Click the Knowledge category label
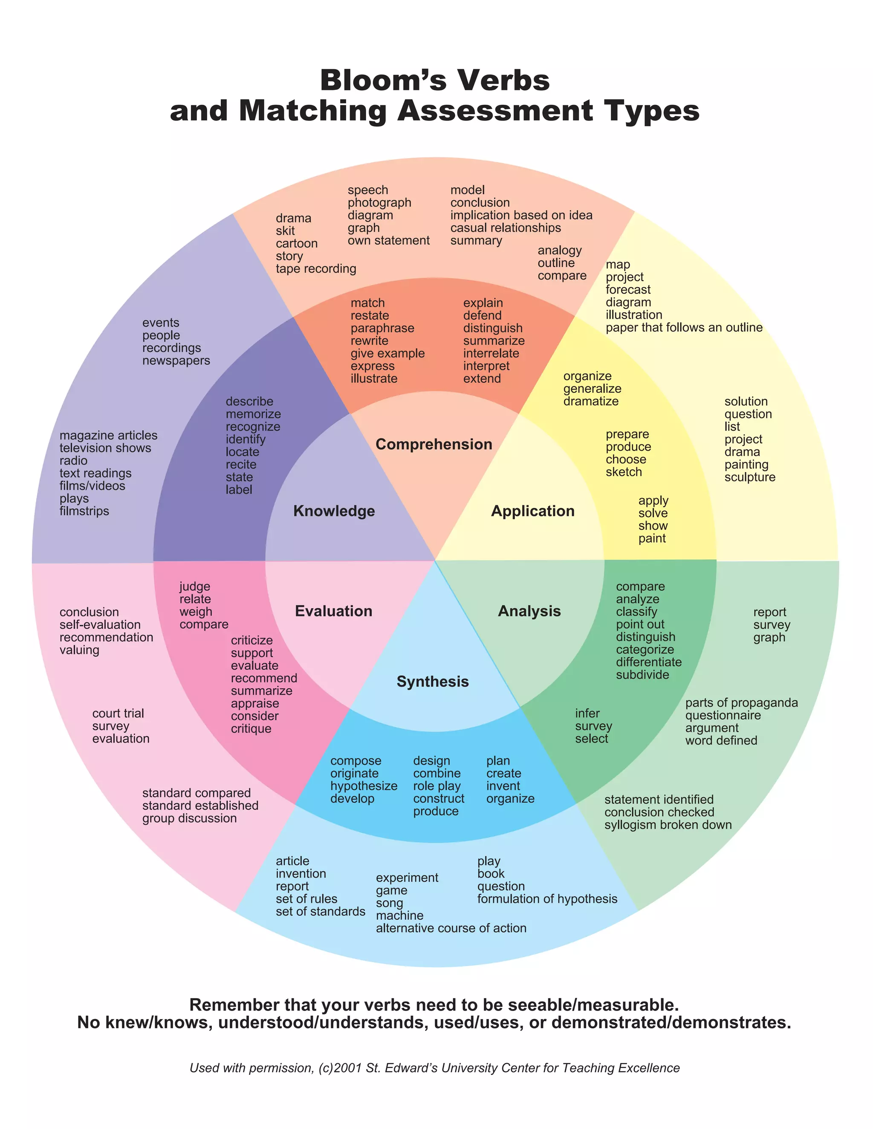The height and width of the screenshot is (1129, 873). coord(334,511)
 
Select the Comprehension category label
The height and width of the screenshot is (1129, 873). coord(434,444)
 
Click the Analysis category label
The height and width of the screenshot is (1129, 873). coord(529,611)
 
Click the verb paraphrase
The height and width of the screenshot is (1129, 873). coord(382,328)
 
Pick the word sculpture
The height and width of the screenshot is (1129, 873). coord(749,477)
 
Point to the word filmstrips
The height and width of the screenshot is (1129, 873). coord(84,511)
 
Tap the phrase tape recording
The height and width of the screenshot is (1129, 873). coord(315,269)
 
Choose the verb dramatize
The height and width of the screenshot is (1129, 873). coord(591,401)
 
